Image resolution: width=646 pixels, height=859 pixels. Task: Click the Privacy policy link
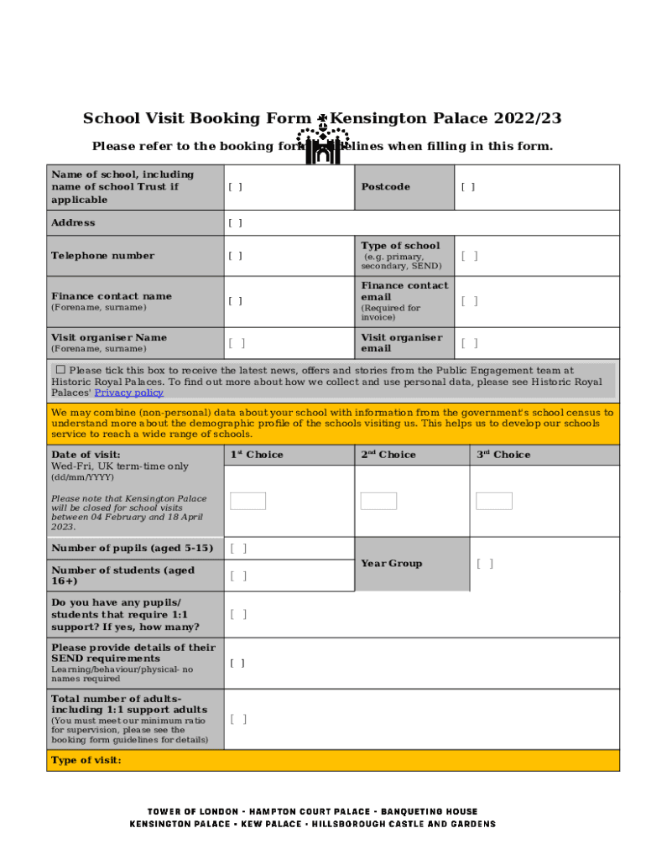tap(128, 393)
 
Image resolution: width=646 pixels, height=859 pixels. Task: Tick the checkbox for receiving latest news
tap(60, 370)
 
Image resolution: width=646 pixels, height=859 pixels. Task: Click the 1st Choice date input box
tap(247, 501)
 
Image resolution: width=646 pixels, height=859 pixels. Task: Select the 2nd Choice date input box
tap(378, 501)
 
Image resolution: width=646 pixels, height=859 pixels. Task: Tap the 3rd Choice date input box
tap(493, 501)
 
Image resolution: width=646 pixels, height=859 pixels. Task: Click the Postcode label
tap(385, 187)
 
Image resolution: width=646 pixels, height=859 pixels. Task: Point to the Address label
tap(73, 223)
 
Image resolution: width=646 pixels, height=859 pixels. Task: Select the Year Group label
tap(391, 564)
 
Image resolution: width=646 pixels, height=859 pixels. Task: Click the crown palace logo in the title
tap(322, 143)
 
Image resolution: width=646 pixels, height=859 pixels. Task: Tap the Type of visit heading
tap(86, 760)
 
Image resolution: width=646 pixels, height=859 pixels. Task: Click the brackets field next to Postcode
tap(467, 187)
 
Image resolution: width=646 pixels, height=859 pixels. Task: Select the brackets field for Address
tap(235, 223)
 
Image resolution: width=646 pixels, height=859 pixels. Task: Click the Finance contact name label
tap(111, 296)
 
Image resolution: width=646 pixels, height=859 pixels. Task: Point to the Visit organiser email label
tap(401, 343)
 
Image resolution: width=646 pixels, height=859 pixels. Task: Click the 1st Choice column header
tap(257, 455)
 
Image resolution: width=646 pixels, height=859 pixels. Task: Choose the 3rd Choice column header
tap(503, 455)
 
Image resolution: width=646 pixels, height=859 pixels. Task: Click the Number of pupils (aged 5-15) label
tap(132, 549)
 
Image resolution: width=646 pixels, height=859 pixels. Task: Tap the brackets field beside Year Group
tap(484, 564)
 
